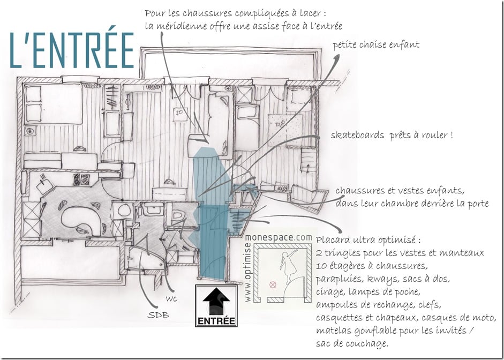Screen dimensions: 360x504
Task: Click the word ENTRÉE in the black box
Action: pos(216,321)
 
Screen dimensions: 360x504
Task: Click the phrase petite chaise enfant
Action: pos(375,45)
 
